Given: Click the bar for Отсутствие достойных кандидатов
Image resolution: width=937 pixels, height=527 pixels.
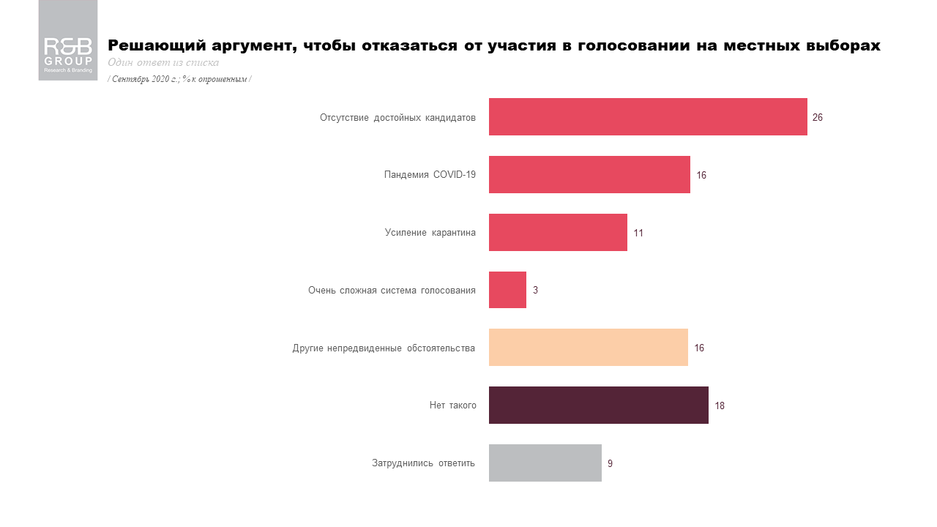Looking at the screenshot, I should click(x=648, y=117).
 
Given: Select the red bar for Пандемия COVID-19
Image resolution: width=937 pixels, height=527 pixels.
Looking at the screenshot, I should click(x=589, y=175).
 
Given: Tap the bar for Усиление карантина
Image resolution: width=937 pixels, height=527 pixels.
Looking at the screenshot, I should click(x=558, y=233).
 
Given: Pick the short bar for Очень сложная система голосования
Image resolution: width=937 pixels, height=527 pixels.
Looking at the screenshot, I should click(x=507, y=290).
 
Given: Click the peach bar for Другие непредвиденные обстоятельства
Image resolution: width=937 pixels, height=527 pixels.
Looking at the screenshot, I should click(x=589, y=348).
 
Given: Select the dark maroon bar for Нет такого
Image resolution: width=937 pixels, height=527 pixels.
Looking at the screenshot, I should click(x=599, y=405).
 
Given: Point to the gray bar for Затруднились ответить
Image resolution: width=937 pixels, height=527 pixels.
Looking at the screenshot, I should click(x=545, y=463).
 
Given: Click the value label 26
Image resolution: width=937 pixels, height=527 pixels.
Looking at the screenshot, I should click(x=818, y=118).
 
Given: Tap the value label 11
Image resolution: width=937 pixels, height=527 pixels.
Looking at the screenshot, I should click(x=638, y=233).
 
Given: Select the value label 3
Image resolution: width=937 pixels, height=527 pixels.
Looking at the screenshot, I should click(x=535, y=291).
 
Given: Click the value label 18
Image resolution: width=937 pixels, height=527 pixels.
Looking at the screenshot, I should click(x=720, y=405).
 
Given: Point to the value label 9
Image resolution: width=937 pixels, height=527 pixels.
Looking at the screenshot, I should click(x=610, y=463).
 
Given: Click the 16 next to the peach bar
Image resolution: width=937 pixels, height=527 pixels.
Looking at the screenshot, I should click(x=699, y=348).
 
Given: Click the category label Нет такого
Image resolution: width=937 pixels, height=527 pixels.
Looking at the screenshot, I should click(x=452, y=405).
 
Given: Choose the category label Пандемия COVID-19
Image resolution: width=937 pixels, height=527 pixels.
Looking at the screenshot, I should click(x=430, y=175).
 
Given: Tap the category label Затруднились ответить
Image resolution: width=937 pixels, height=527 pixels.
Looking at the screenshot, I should click(x=423, y=463).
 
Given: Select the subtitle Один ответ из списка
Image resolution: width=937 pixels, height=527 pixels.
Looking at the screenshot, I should click(x=163, y=63).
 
